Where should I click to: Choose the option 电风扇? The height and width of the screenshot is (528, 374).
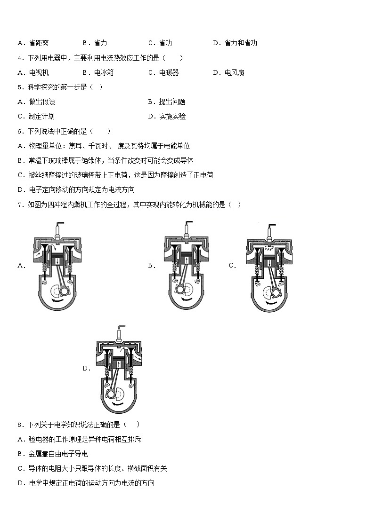point(234,72)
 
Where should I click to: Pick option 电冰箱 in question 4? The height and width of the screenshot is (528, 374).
point(104,72)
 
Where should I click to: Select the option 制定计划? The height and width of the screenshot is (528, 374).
point(41,116)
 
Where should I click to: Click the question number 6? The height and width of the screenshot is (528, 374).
point(20,131)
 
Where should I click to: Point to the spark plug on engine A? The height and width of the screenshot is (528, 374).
point(58,230)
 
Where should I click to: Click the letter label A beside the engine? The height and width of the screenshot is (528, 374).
point(21,266)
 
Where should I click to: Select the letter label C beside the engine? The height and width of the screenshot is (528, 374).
point(232,266)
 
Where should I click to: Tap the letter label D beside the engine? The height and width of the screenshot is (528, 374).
point(86,368)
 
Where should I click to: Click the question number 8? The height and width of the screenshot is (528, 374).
point(20,425)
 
